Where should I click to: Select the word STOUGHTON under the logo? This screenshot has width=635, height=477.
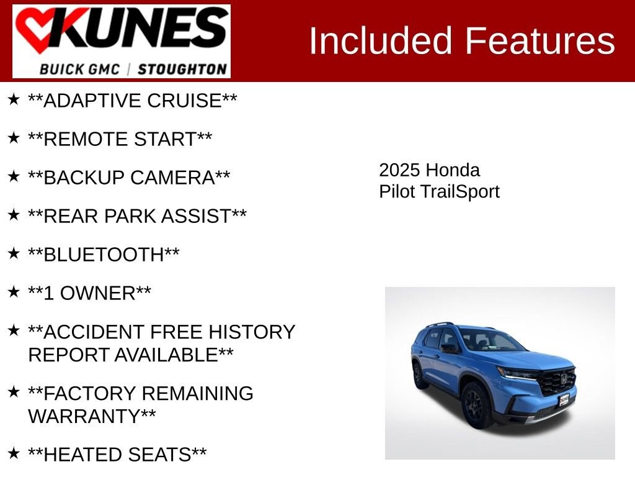182,69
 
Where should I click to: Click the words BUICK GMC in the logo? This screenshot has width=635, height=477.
79,69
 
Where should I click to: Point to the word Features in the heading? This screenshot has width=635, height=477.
540,41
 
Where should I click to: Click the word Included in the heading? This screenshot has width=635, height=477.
381,41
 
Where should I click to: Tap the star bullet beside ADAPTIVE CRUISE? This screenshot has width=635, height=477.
14,99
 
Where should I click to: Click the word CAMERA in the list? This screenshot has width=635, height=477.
178,178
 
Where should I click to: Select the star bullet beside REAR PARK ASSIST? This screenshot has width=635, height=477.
14,215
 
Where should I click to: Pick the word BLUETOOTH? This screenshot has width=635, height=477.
104,255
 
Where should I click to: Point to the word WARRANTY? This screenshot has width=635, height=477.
84,416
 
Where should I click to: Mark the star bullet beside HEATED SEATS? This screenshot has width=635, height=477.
14,453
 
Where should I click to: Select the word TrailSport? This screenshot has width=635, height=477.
460,191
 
